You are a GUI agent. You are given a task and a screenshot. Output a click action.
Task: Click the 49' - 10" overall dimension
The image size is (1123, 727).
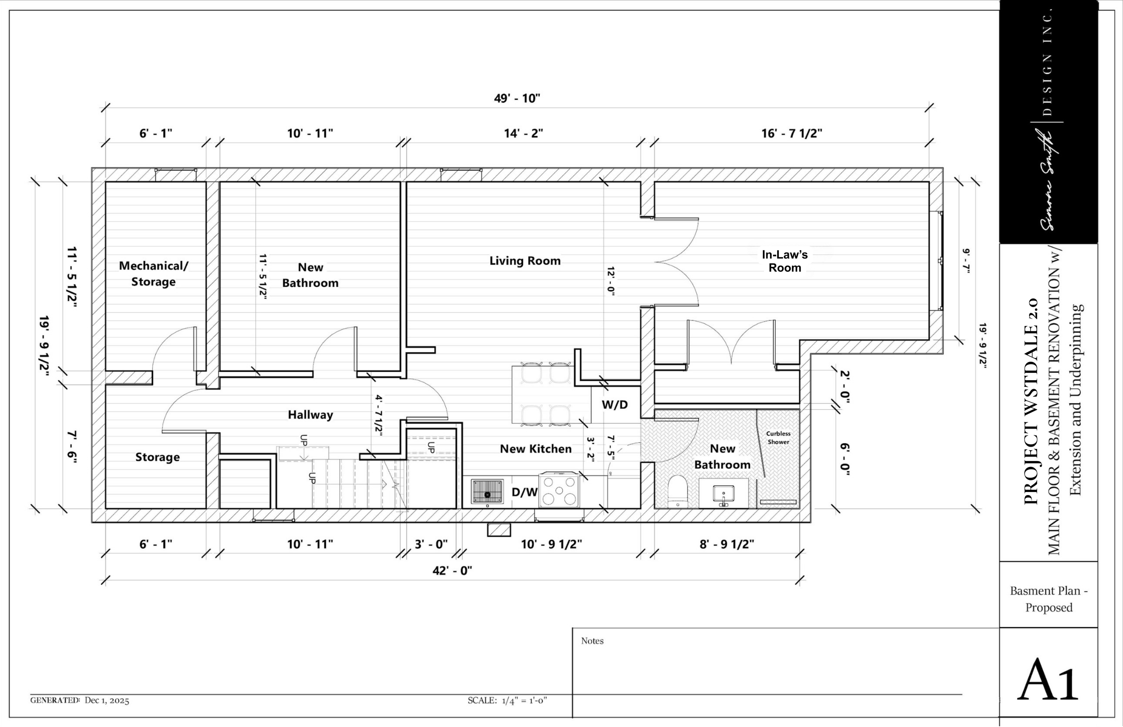pos(517,98)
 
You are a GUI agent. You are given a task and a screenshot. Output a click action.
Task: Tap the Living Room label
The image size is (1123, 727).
pos(525,261)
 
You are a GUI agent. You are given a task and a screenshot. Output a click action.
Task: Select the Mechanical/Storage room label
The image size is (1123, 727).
pos(153,273)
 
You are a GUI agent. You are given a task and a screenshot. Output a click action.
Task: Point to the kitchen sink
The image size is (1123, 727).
pos(487,492)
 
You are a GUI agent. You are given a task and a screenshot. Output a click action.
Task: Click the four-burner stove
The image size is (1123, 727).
pos(559,490)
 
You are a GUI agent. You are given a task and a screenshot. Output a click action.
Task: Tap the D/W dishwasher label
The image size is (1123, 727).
pos(524,492)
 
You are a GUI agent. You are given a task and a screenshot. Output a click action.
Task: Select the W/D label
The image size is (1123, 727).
pos(615,404)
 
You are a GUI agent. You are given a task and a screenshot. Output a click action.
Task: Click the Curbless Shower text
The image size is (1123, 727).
pos(778,438)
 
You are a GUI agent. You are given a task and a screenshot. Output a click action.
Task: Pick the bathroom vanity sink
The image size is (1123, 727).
pos(723,494)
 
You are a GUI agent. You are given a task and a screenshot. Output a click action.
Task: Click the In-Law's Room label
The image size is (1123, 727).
pos(785,261)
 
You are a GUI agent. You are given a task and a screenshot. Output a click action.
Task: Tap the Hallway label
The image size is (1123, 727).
pos(310,414)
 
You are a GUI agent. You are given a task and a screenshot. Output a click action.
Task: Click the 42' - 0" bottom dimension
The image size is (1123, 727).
pos(452,571)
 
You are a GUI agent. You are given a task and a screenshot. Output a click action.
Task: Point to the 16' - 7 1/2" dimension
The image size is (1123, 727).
pos(791,133)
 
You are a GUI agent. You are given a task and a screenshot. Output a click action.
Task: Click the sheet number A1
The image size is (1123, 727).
pos(1048,679)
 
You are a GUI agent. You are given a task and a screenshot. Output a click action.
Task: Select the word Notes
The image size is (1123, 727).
pos(592,641)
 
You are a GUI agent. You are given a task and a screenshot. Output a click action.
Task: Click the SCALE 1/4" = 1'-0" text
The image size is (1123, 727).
pos(507,700)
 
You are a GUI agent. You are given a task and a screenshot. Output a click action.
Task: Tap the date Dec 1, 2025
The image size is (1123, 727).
pos(106,700)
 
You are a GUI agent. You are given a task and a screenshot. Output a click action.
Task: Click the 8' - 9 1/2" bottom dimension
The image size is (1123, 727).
pos(726,544)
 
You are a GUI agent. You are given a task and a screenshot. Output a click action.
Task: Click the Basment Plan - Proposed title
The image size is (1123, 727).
pos(1048,599)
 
